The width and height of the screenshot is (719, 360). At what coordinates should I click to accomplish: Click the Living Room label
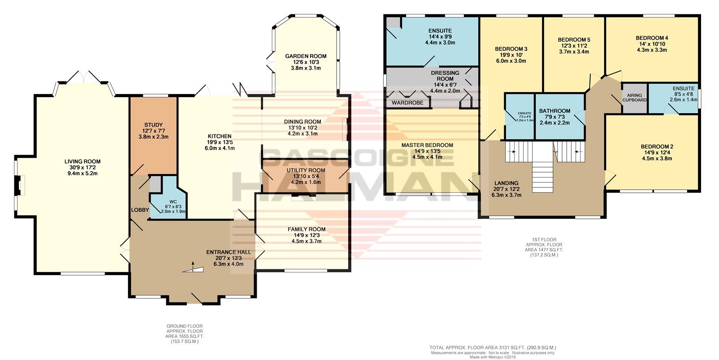point(83,161)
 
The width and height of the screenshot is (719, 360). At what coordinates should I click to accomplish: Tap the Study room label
point(153,125)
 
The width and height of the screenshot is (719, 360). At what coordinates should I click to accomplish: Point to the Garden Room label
point(306,56)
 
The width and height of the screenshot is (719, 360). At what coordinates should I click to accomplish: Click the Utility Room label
point(306,170)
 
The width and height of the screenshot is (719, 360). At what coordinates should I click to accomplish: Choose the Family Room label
point(306,229)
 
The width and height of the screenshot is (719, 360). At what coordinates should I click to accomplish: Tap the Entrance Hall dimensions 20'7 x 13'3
point(229,258)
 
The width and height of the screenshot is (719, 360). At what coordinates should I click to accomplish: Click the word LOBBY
point(140,210)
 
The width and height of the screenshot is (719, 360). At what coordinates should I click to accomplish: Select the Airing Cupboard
point(635,98)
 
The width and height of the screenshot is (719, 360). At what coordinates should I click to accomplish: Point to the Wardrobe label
point(407,103)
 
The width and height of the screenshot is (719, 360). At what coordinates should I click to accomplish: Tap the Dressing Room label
point(445,76)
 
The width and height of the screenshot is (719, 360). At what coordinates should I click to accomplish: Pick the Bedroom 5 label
point(574,40)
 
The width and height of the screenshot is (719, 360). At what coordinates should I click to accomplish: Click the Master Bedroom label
point(427,145)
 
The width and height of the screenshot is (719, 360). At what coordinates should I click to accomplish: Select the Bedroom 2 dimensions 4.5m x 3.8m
point(657,158)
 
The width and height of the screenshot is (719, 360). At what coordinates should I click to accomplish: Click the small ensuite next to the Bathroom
point(519,116)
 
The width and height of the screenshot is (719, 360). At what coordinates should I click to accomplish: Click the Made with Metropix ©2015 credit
point(493,357)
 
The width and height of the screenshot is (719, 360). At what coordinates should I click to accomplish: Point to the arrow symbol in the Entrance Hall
point(193,265)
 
